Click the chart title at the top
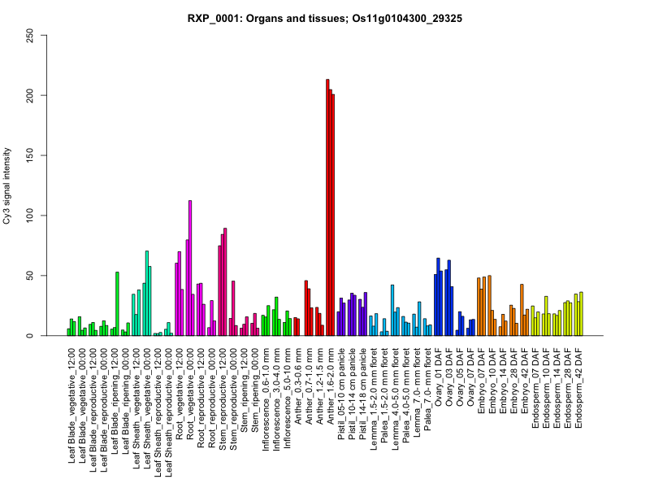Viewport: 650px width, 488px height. [325, 18]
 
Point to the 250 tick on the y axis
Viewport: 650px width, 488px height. [30, 35]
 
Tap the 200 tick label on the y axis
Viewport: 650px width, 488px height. [30, 95]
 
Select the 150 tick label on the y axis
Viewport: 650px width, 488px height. [30, 155]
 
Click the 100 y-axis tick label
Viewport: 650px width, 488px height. [30, 216]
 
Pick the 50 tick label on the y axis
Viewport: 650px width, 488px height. [30, 276]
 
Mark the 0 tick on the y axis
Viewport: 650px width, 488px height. [30, 336]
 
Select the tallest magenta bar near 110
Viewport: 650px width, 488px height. [190, 268]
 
